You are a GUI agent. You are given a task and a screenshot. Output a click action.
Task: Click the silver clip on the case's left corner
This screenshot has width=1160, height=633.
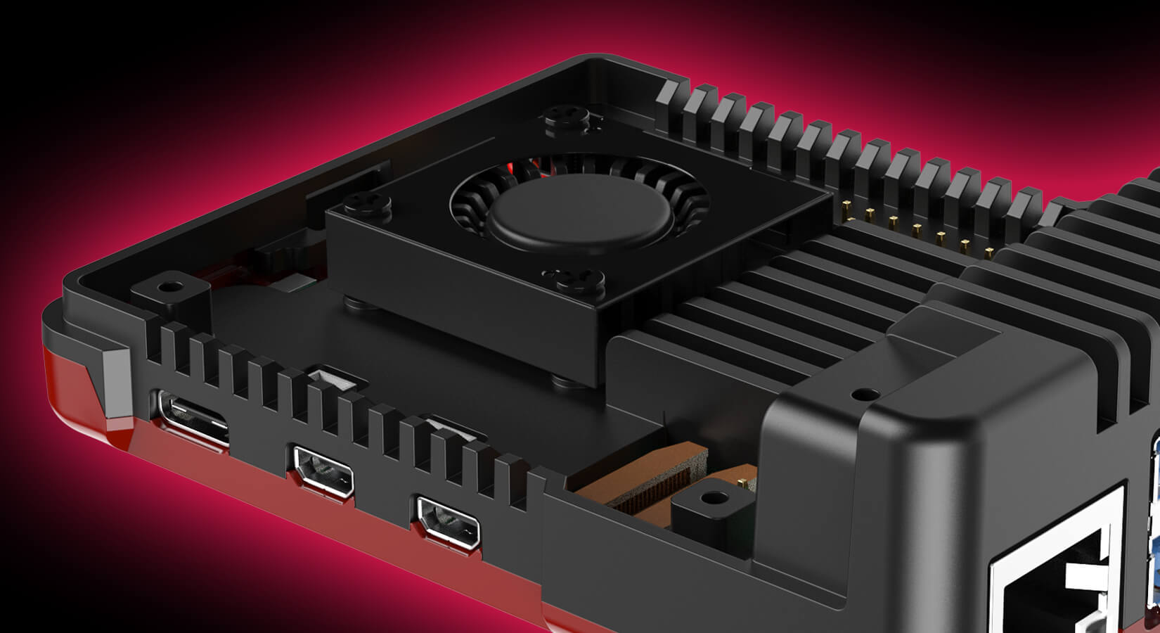tap(115, 387)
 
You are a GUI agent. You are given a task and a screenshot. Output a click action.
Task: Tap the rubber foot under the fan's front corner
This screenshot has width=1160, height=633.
tap(566, 383)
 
